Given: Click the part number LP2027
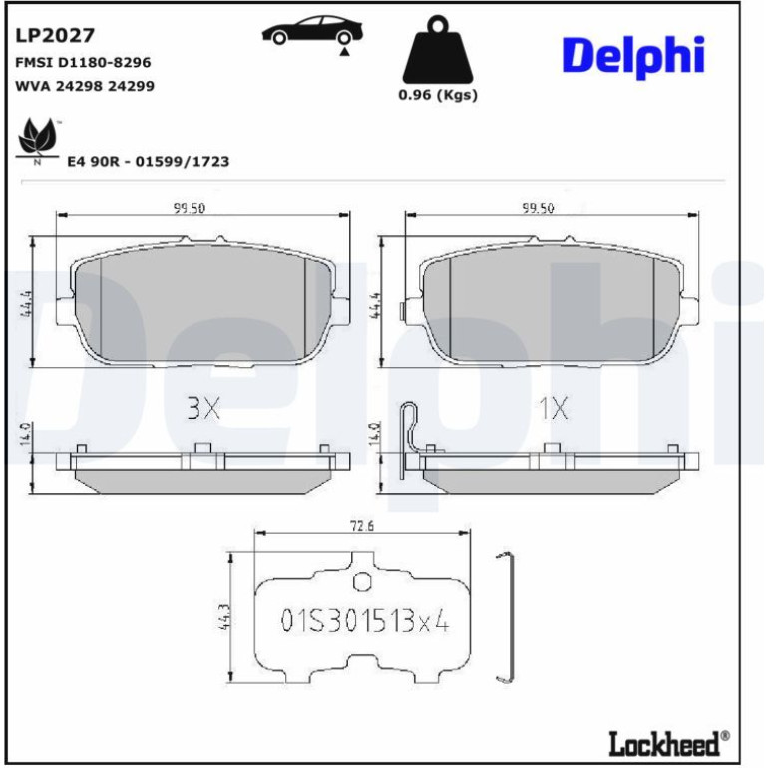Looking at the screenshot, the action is point(55,36).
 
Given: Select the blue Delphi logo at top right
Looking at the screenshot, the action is point(633,56).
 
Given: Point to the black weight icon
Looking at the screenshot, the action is point(438,50).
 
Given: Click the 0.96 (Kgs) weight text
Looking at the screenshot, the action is point(438,95).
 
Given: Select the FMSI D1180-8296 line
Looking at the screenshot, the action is point(83,63).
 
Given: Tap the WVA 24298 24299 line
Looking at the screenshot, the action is point(85,86).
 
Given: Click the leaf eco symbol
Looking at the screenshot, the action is point(37,140).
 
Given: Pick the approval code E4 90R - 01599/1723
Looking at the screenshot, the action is point(148,162).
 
